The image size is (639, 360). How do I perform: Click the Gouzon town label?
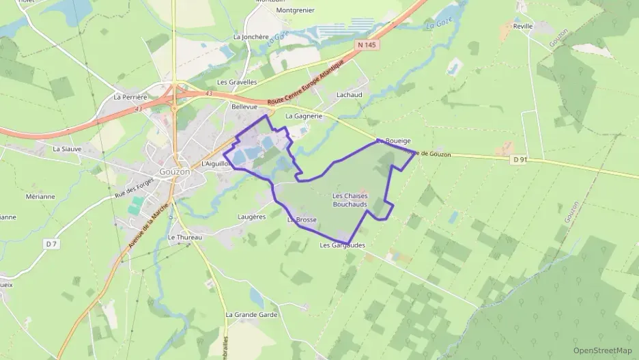click(174, 171)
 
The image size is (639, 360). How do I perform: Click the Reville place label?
click(522, 26)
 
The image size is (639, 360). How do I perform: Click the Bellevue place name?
click(244, 107)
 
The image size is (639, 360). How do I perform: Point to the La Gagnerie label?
click(303, 116)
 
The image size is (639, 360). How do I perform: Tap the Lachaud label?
click(350, 96)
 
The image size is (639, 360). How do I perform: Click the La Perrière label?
click(130, 97)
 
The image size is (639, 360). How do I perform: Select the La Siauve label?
click(67, 148)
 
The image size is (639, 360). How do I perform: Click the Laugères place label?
click(252, 217)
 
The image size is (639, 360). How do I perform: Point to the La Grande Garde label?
click(252, 314)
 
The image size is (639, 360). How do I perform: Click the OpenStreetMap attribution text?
click(603, 350)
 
